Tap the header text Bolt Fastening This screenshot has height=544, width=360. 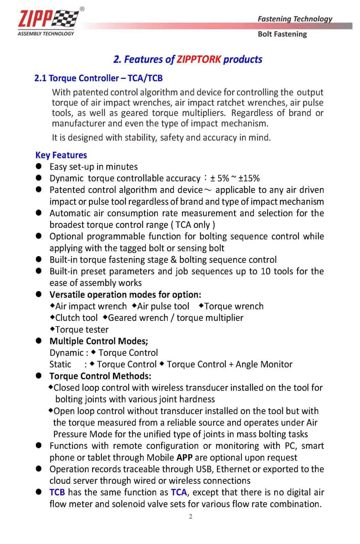(x=282, y=34)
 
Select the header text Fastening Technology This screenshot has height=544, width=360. (x=295, y=19)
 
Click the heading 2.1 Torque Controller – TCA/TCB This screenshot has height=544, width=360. (x=98, y=78)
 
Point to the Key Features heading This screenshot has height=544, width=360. (x=61, y=155)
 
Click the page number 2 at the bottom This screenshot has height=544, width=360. (x=191, y=516)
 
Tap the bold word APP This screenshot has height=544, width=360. (x=184, y=458)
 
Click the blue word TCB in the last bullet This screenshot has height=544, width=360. (x=57, y=492)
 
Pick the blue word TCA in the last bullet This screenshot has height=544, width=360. (x=179, y=492)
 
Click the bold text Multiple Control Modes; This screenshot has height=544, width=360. (x=99, y=341)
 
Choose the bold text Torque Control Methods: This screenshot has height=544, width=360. (x=100, y=376)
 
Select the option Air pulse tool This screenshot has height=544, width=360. (x=163, y=306)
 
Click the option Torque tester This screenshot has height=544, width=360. (x=82, y=329)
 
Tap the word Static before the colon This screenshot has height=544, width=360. (x=60, y=364)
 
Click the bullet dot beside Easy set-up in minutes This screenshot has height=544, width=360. (x=39, y=166)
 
